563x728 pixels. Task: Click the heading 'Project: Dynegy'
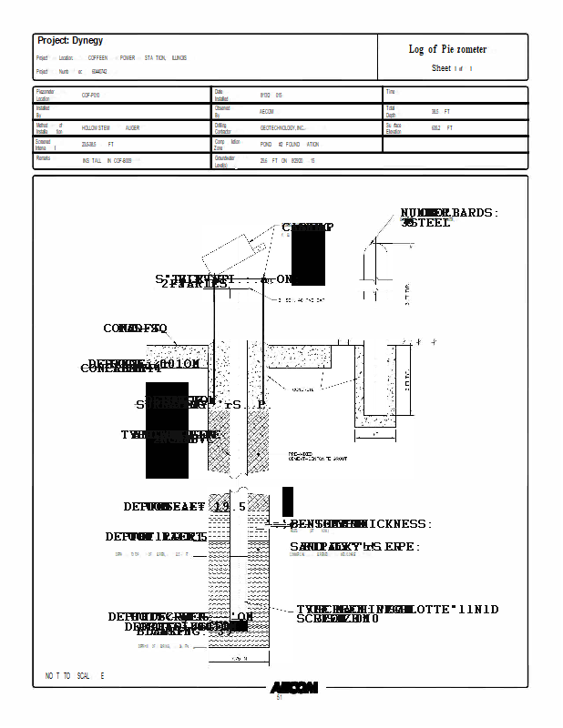(70, 41)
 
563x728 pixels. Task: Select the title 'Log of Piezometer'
(447, 49)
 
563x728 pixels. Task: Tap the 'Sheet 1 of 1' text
(452, 69)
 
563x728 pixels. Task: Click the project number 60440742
(99, 71)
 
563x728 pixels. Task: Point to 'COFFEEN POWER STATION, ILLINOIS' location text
(138, 57)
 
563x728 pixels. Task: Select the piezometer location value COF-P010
(91, 95)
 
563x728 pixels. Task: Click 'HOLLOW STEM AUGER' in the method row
(110, 128)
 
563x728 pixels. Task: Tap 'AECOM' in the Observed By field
(267, 112)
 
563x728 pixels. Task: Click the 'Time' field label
(390, 92)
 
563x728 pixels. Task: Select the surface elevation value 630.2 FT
(442, 128)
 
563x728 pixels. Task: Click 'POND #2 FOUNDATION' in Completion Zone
(290, 145)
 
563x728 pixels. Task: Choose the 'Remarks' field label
(43, 158)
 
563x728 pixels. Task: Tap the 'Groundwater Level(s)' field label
(224, 161)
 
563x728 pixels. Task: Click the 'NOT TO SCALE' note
(75, 676)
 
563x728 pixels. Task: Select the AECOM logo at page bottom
(293, 687)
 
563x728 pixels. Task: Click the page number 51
(280, 698)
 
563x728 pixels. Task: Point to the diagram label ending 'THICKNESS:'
(361, 524)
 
